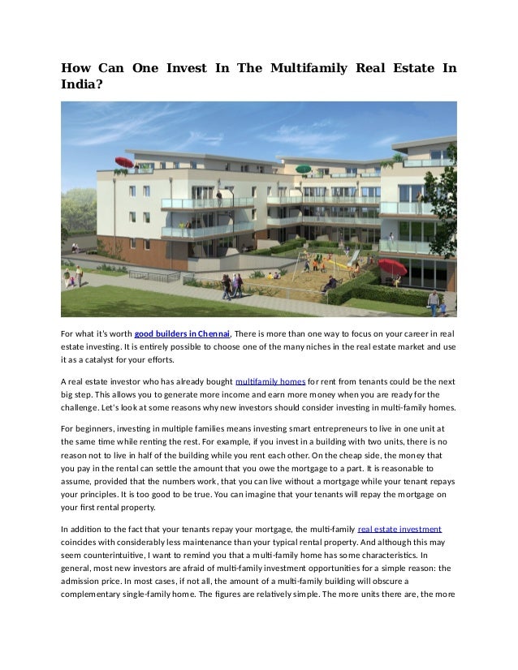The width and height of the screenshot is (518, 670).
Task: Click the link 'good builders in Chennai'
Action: click(182, 334)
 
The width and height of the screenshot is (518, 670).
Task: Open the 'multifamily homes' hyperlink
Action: click(270, 381)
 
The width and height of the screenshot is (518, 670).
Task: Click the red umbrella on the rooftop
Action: click(124, 161)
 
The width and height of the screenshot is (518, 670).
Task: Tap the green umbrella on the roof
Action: click(303, 169)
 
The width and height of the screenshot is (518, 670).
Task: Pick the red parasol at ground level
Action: click(393, 267)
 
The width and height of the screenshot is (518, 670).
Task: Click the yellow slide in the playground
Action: click(353, 259)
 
